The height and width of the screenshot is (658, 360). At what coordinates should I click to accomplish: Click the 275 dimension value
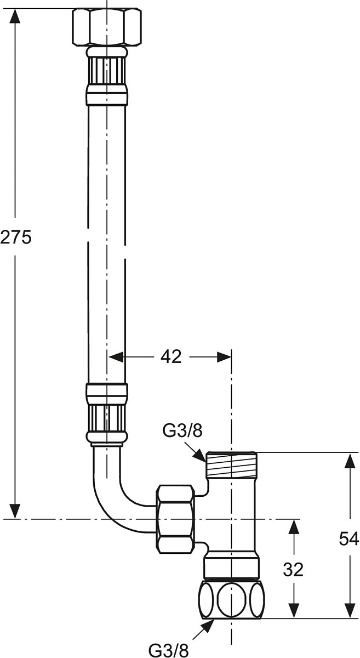pos(15,237)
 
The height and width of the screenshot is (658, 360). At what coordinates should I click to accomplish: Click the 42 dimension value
pos(171,357)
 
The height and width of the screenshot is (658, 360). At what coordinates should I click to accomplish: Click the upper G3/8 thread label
pos(182,431)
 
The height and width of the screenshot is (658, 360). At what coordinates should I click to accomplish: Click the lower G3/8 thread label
pos(168,650)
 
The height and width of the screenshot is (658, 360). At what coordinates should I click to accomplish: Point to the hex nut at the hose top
pos(107,27)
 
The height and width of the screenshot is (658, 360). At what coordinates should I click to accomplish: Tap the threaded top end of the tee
pos(231,464)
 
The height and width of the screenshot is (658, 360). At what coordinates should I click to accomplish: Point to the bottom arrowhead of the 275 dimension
pos(15,510)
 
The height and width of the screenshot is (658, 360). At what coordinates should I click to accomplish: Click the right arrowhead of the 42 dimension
pos(224,357)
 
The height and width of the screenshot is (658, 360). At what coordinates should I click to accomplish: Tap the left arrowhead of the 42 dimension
pos(116,357)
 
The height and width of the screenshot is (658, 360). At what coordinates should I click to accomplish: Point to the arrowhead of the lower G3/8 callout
pos(207,617)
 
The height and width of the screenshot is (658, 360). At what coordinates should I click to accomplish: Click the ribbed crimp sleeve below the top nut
pos(107,71)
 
